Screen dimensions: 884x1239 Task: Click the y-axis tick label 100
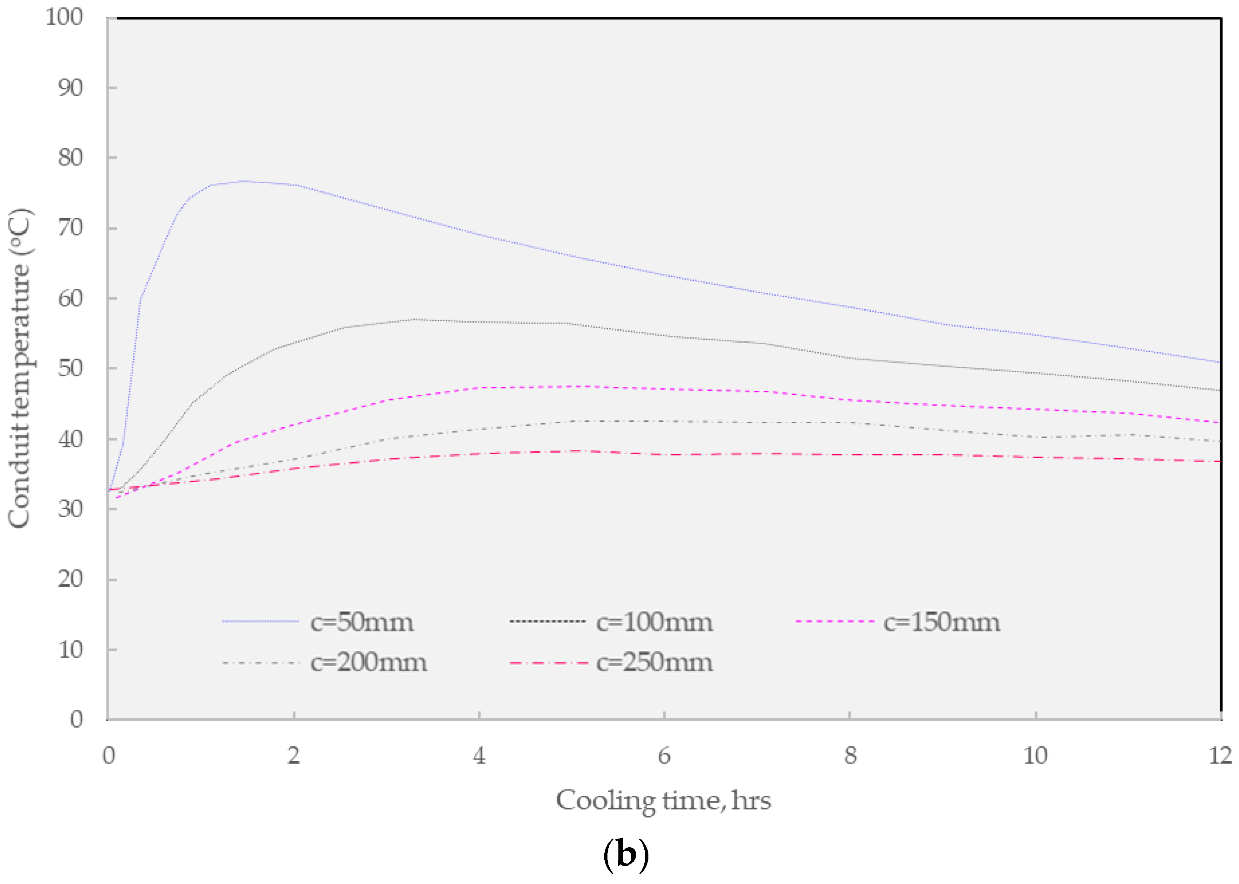[64, 17]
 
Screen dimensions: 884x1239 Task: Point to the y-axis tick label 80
[71, 157]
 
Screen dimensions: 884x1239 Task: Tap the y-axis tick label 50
[71, 368]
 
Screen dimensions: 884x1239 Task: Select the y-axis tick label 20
[71, 578]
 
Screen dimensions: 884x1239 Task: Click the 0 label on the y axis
[77, 719]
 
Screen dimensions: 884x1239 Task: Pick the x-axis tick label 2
[294, 755]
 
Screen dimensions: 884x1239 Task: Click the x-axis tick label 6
[664, 755]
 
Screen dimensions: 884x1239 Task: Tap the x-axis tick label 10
[1035, 755]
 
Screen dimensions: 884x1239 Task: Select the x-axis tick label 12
[1220, 755]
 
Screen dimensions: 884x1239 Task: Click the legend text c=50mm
[361, 622]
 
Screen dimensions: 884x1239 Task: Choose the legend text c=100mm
[654, 622]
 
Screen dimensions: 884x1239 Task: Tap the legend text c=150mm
[942, 622]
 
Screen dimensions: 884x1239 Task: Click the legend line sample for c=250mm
[548, 663]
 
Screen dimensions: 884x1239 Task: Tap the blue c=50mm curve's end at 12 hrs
[1219, 362]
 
